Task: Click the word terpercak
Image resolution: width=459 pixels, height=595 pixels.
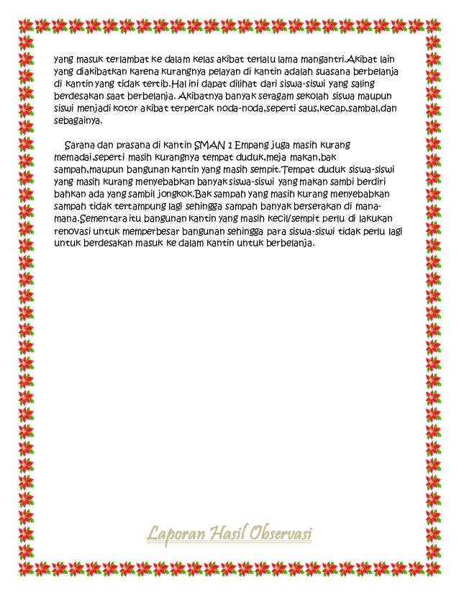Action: [190, 109]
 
